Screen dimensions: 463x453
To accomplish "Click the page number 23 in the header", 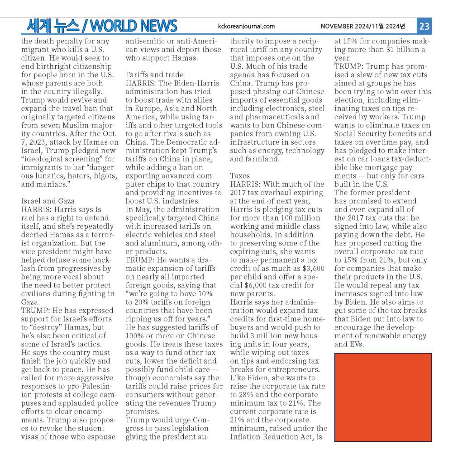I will pos(424,26).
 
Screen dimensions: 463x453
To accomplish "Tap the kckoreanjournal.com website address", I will pos(246,26).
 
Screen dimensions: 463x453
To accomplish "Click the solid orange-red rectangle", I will pos(383,397).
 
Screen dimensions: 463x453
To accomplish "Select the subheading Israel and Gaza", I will pos(48,201).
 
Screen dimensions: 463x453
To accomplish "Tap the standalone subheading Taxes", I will pos(240,175).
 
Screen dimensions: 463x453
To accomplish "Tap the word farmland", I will pos(247,159).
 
